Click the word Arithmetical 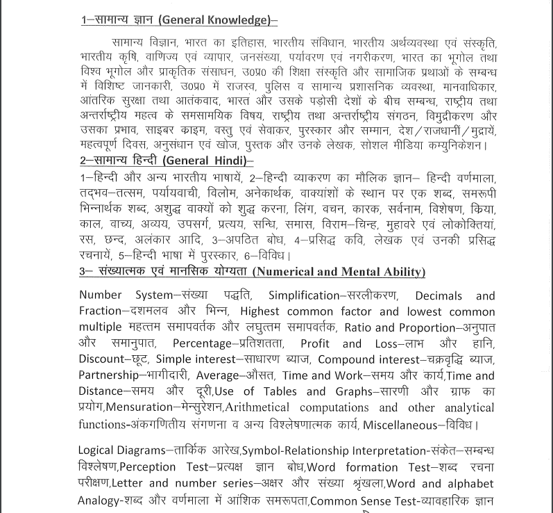(x=264, y=408)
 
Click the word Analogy (x=100, y=498)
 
